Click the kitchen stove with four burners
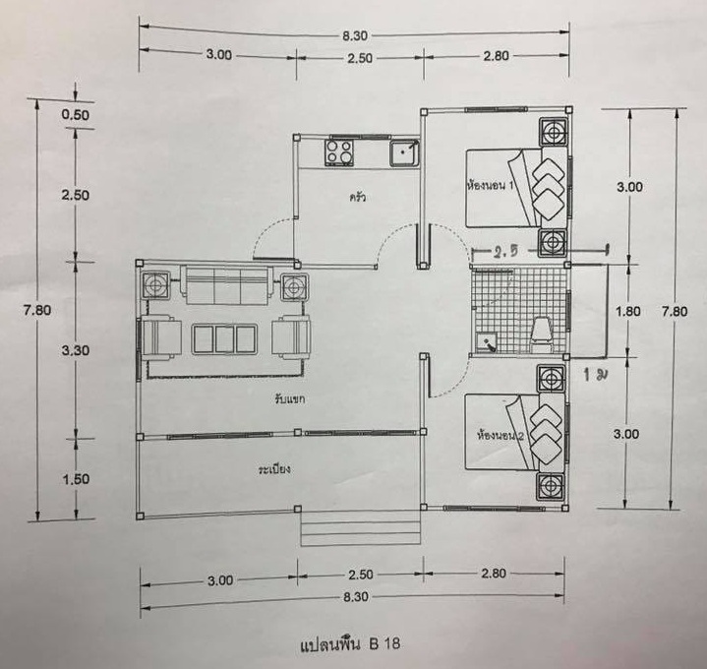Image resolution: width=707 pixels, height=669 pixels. coord(338,152)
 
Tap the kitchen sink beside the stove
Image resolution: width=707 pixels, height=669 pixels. coord(404,152)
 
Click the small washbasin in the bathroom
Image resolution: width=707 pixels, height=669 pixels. coord(487,342)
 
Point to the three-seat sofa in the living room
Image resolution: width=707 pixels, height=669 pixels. coord(227,285)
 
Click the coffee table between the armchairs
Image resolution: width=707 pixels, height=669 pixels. coord(224,338)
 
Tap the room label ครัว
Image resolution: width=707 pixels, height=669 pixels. coord(357,197)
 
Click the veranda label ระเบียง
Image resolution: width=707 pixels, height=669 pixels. coord(274,469)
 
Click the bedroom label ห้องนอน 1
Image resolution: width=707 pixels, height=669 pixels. coord(490,185)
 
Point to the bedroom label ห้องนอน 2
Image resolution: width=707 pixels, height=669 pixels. coord(501,436)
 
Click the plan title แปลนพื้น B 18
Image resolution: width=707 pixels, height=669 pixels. coord(350,643)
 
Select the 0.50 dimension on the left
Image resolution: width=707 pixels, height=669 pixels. coord(76,114)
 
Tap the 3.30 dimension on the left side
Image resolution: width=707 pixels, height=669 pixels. coord(76,350)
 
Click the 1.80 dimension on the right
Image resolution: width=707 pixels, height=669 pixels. coord(628,311)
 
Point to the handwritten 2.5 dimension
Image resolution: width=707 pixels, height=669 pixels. coord(506,252)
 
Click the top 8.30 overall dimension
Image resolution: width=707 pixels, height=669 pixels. coord(355,35)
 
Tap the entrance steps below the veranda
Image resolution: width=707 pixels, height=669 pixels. coord(361,528)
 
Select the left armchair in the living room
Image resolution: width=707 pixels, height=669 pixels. coord(161,337)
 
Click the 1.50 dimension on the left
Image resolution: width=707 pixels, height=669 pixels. coord(76,479)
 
